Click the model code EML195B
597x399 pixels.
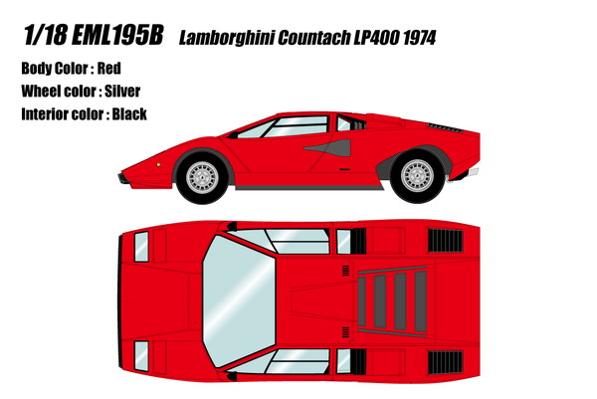117,35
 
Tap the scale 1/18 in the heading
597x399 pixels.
45,35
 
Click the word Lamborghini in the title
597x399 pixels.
227,38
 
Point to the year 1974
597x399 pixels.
419,38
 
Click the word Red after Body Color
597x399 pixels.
109,69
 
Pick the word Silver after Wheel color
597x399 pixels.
122,92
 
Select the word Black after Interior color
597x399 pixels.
129,114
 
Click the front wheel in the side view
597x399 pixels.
203,177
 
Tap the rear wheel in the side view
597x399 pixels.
418,175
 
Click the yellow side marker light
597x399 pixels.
158,164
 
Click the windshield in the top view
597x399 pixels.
239,300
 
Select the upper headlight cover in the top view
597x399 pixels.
141,247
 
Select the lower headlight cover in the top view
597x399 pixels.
141,356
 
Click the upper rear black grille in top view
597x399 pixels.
445,240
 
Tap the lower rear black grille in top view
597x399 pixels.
445,362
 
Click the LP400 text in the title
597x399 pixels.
376,38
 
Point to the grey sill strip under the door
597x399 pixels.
309,188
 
